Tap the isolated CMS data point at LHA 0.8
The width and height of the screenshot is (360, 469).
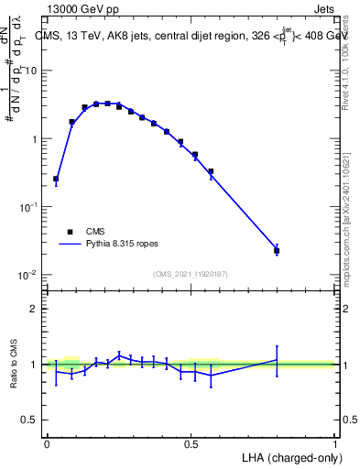pyautogui.click(x=277, y=250)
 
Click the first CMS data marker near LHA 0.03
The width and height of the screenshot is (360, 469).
pyautogui.click(x=56, y=179)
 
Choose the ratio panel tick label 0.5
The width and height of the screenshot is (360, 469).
pyautogui.click(x=30, y=421)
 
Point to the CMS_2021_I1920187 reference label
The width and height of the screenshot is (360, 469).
pyautogui.click(x=190, y=274)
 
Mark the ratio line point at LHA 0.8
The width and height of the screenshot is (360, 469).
pyautogui.click(x=277, y=360)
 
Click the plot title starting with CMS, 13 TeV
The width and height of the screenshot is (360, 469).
pyautogui.click(x=192, y=37)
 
